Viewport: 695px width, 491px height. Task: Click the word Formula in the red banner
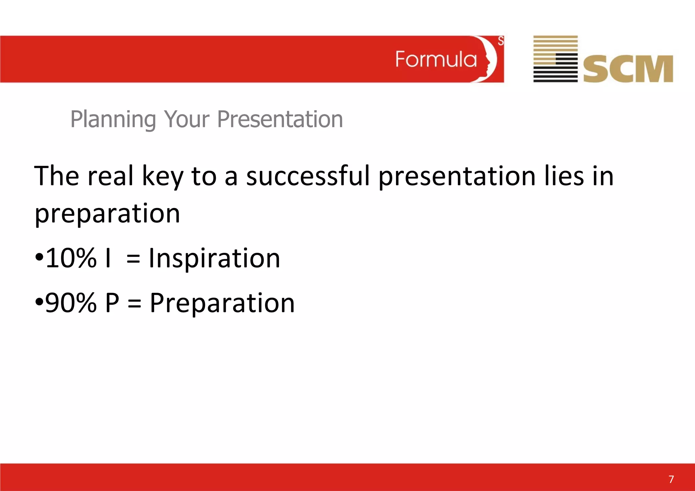(x=436, y=59)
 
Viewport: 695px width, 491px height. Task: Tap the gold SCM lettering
(x=628, y=69)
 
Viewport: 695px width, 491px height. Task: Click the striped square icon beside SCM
(x=555, y=59)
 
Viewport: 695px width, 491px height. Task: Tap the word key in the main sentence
(x=163, y=176)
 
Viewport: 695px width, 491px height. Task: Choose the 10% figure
(x=71, y=258)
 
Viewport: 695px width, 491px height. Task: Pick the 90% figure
(x=71, y=303)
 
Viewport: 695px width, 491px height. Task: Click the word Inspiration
(x=214, y=259)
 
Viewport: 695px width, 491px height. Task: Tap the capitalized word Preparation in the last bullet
(x=222, y=303)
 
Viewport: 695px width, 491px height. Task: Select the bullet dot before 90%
(x=39, y=301)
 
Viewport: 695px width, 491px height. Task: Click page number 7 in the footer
(x=671, y=479)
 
